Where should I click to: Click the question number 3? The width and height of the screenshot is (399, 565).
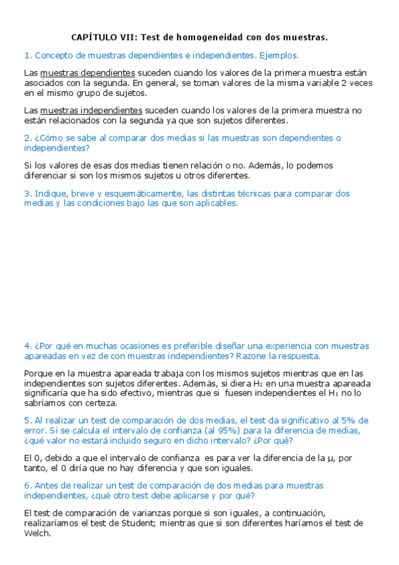pos(27,194)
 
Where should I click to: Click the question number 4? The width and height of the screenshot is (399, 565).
pos(27,346)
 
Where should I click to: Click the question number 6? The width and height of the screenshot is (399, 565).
pos(27,486)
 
